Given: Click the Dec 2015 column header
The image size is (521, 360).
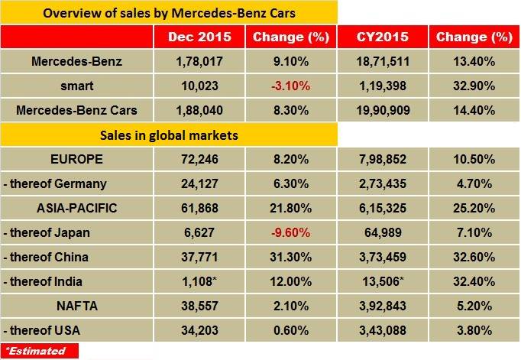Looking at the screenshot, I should pyautogui.click(x=198, y=36).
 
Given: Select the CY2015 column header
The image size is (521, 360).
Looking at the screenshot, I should pyautogui.click(x=381, y=36).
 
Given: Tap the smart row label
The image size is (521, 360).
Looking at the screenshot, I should pyautogui.click(x=77, y=86).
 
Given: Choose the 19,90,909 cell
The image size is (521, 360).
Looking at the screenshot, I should pyautogui.click(x=381, y=110).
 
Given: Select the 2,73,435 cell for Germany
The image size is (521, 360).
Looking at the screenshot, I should pyautogui.click(x=381, y=183).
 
